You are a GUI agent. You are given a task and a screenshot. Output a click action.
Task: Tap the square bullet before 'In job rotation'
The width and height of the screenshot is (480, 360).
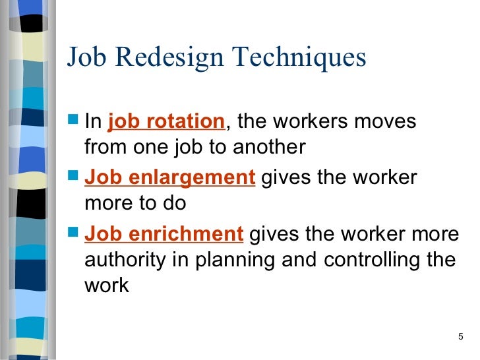[74, 122]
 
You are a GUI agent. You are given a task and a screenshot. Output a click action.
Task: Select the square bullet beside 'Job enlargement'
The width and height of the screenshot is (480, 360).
[74, 178]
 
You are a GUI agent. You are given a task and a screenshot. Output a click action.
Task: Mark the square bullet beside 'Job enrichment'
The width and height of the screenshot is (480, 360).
[74, 234]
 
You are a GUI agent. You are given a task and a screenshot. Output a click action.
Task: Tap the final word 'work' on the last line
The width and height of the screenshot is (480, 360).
[107, 287]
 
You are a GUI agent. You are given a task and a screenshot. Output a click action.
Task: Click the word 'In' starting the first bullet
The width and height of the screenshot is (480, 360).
[93, 122]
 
